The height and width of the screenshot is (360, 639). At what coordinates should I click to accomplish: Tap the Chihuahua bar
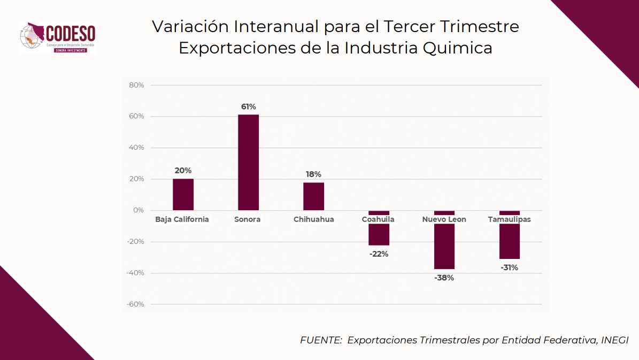[x=313, y=196]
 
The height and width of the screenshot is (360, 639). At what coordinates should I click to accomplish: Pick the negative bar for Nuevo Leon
[x=444, y=246]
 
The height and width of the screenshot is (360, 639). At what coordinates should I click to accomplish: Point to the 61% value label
[x=248, y=106]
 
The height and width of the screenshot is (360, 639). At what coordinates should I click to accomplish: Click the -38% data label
[x=444, y=278]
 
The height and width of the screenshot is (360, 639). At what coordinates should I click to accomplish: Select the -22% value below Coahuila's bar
[x=379, y=254]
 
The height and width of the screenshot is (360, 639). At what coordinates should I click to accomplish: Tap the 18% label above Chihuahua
[x=313, y=174]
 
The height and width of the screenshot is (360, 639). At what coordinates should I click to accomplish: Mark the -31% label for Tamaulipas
[x=509, y=267]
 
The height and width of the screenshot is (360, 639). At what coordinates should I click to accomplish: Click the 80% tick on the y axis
[x=136, y=85]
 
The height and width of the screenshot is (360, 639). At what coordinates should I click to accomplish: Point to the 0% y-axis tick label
[x=138, y=210]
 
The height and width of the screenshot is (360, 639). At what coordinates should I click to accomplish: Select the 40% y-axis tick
[x=136, y=148]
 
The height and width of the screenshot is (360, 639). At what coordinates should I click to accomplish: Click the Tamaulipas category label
[x=509, y=219]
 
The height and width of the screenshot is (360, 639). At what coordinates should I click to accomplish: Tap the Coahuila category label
[x=378, y=219]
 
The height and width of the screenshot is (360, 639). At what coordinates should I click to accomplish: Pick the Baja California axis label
[x=182, y=219]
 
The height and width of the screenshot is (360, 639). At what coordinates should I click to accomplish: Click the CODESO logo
[x=57, y=37]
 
